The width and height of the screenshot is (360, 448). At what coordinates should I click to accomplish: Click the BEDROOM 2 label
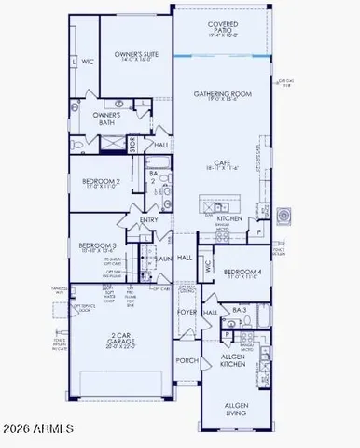pos(102,182)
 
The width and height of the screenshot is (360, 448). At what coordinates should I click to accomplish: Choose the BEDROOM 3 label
pos(98,247)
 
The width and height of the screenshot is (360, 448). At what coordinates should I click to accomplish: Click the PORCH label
pos(187,360)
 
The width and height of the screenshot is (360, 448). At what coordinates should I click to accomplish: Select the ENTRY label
pos(150,220)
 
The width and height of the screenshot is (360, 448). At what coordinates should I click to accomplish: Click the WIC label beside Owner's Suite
pos(87,63)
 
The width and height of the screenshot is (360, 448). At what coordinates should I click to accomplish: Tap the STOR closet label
pos(132,145)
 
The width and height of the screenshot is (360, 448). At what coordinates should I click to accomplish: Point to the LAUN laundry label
pos(163,259)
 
